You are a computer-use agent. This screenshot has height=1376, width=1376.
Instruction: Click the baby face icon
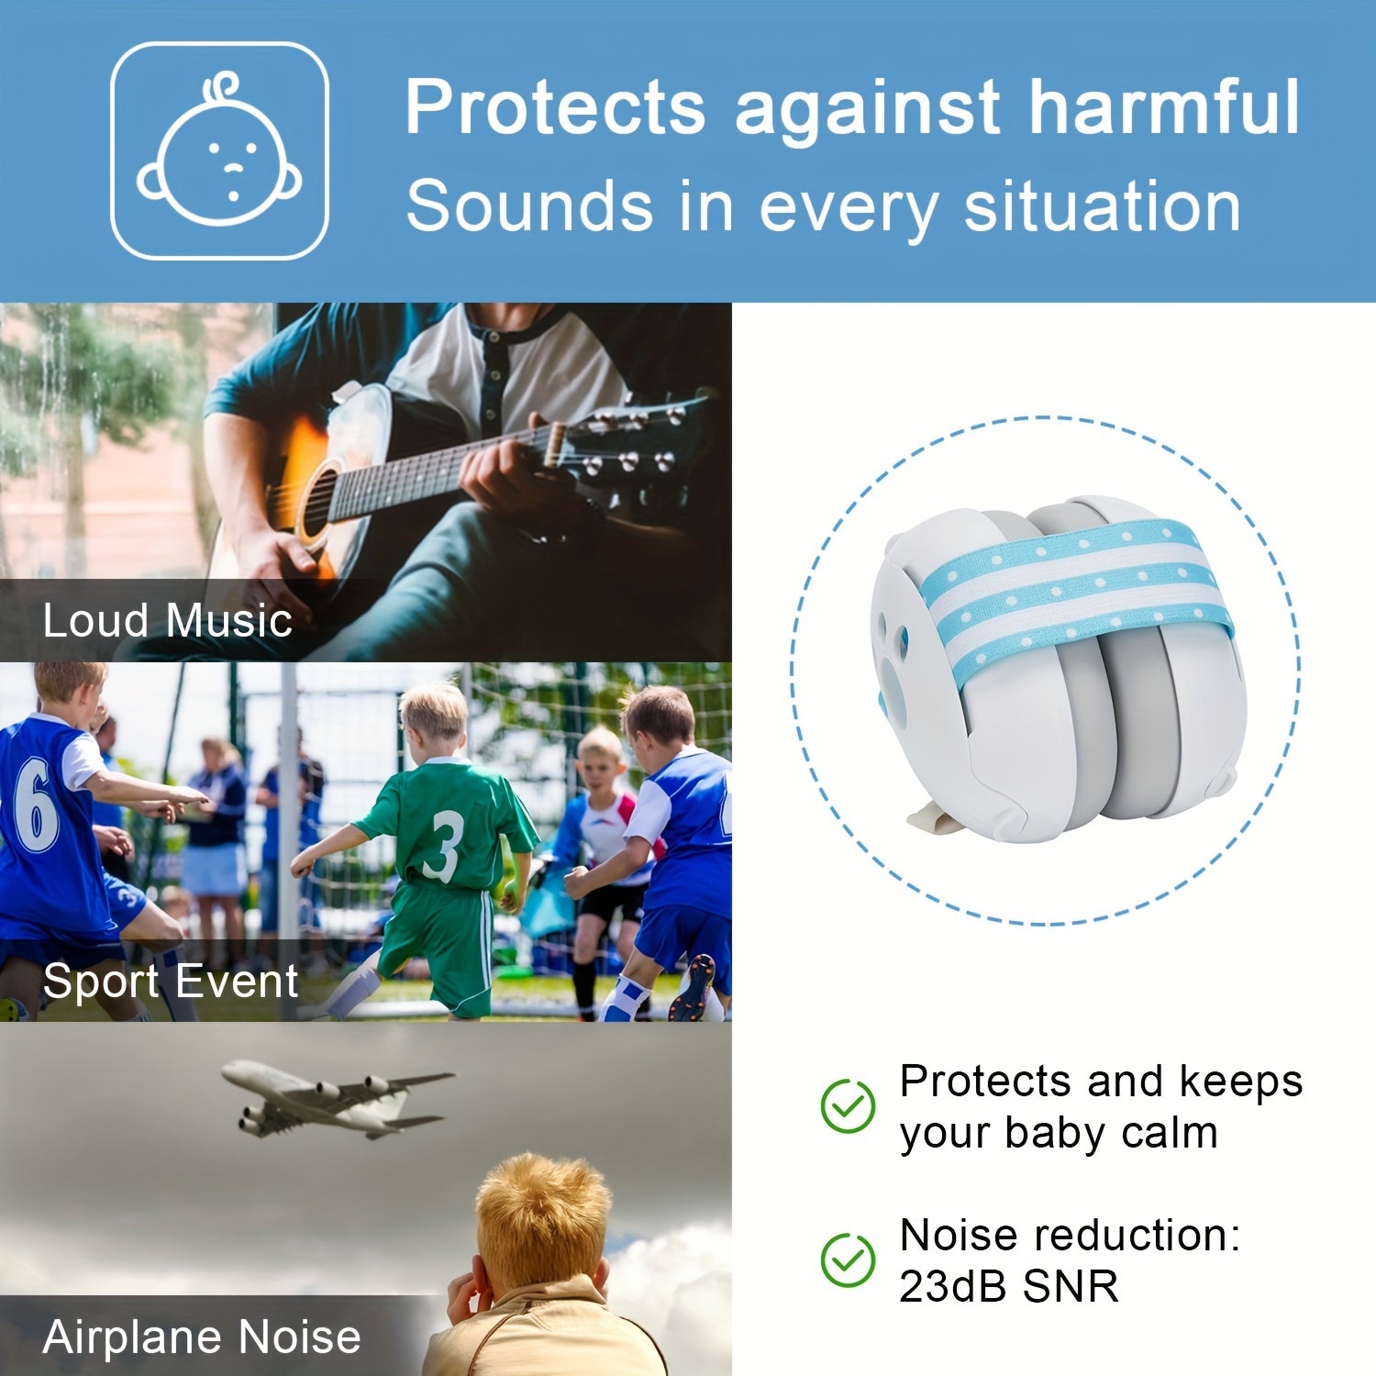[219, 150]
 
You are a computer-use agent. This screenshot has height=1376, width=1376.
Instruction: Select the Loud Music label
[168, 620]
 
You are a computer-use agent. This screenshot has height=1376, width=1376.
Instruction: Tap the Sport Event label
[171, 982]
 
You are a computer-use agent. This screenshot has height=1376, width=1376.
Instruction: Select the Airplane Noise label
[202, 1337]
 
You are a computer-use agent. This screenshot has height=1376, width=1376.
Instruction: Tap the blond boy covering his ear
[541, 1271]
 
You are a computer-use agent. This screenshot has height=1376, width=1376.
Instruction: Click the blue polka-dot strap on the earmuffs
[1078, 592]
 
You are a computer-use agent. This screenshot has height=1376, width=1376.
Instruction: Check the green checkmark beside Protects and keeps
[848, 1105]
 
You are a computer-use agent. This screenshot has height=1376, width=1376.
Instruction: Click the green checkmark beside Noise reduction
[848, 1259]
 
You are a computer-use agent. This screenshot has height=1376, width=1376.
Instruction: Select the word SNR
[1071, 1286]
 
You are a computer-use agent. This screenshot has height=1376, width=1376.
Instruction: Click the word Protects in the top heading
[555, 107]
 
